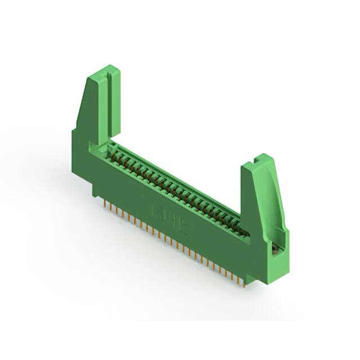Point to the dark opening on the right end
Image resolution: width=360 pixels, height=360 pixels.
pos(276,247)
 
